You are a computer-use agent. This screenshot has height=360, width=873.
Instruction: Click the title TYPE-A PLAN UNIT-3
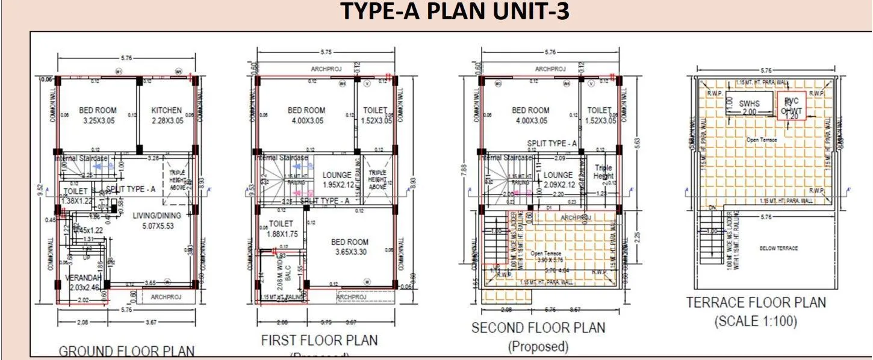point(455,11)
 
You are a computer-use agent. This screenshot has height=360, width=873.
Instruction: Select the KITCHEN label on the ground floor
point(166,111)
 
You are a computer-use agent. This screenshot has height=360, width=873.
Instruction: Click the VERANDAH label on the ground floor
point(82,278)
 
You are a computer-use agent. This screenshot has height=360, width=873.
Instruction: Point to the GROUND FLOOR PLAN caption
point(126,351)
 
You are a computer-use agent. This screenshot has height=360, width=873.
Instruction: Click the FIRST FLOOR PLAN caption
point(319,340)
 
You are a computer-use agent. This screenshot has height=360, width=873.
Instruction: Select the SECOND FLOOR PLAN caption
point(538,328)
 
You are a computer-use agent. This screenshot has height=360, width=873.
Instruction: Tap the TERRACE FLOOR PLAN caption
point(756,302)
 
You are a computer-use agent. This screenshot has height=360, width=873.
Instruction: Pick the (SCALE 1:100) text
point(756,321)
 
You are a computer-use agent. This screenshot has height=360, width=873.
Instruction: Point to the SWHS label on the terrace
point(750,104)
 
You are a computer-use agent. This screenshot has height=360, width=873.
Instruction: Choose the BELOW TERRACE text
point(778,248)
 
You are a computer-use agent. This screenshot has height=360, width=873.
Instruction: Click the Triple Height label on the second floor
point(603,173)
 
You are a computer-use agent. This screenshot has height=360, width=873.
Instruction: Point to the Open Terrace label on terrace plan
point(762,140)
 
